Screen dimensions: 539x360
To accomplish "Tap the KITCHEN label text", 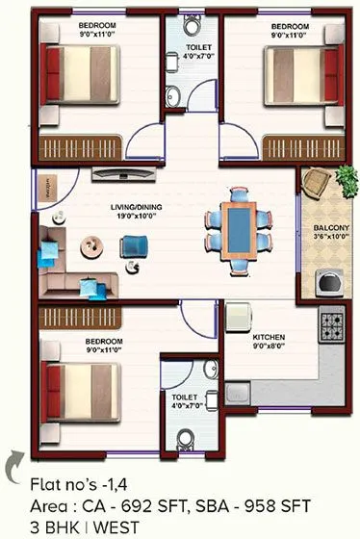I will [x=267, y=338].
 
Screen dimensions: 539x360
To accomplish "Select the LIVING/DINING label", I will [x=112, y=207].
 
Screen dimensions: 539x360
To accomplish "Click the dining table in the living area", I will [x=237, y=231].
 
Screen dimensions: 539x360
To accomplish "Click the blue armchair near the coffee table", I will [x=132, y=248].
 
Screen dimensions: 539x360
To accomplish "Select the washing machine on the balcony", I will [x=330, y=282].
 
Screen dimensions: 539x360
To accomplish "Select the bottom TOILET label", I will [x=184, y=397].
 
